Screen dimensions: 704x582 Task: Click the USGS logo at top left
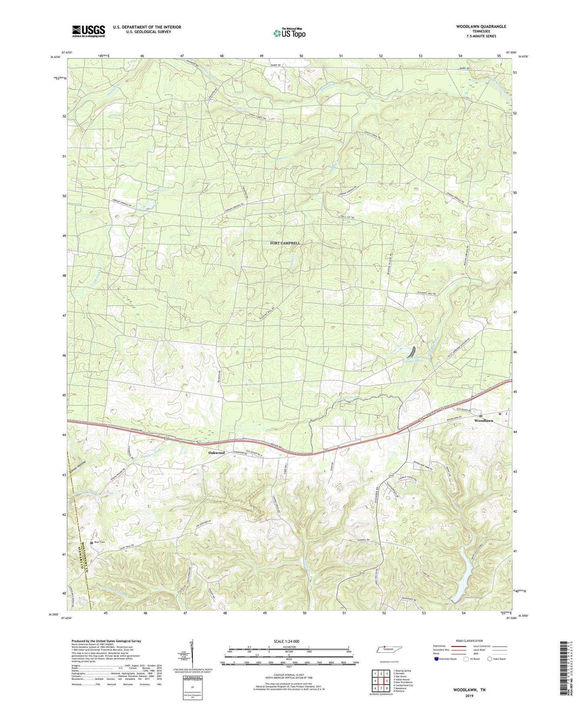click(x=89, y=31)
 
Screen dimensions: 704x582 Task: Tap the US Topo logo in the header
click(x=289, y=33)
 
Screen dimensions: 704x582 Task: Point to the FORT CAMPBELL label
click(x=285, y=243)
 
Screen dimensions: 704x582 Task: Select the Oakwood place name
click(x=216, y=453)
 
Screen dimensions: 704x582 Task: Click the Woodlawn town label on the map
click(x=483, y=421)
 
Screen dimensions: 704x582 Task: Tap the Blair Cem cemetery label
click(x=100, y=542)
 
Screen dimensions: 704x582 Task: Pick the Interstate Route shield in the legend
click(x=437, y=659)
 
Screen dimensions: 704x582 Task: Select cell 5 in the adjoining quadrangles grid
click(x=387, y=681)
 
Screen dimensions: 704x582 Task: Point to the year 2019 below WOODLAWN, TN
click(x=470, y=696)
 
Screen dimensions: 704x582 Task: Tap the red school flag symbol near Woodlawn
click(x=500, y=414)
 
